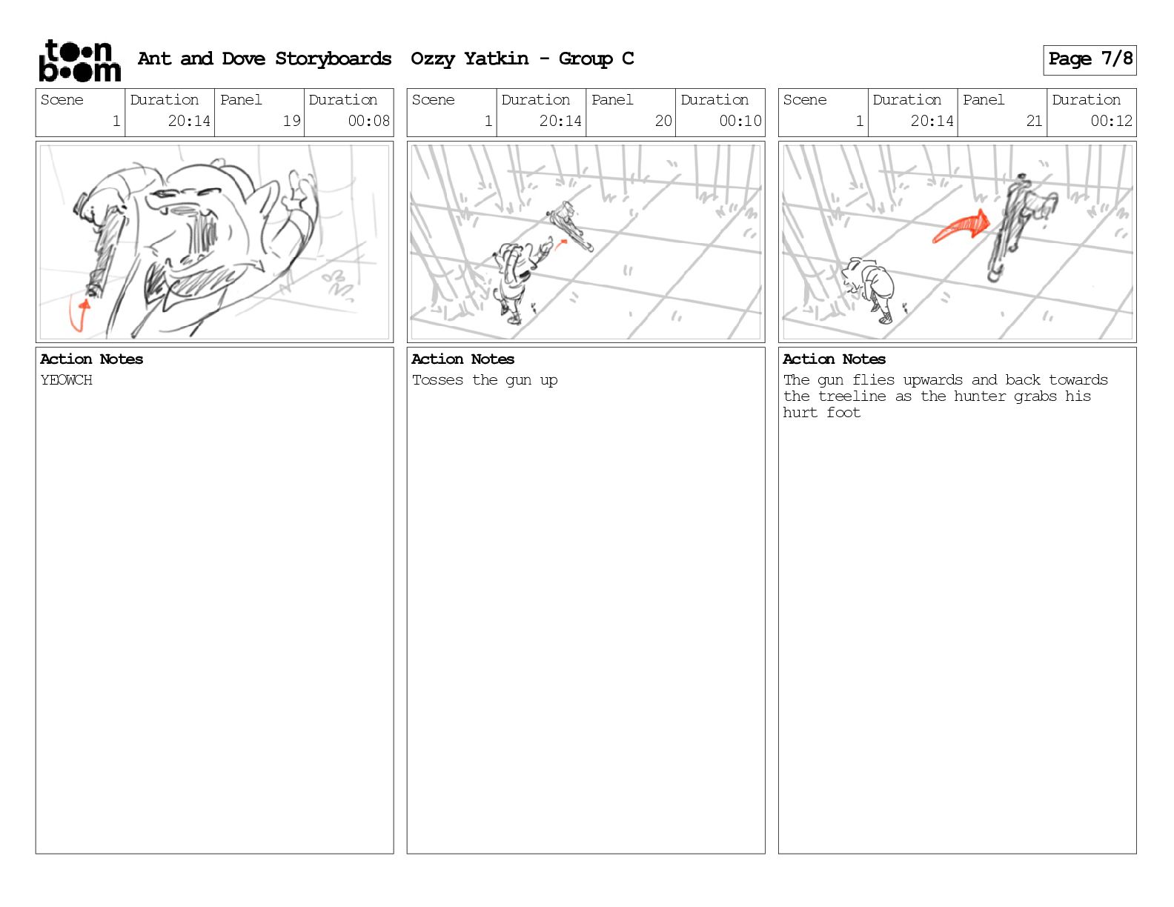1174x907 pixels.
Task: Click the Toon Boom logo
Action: (79, 61)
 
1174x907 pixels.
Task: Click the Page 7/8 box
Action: (1090, 59)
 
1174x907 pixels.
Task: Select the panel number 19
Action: (291, 121)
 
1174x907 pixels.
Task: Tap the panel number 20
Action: (663, 121)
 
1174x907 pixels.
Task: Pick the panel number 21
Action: (1034, 121)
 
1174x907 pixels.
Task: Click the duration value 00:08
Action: (368, 121)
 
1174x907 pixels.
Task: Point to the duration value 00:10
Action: (740, 121)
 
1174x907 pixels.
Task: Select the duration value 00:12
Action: (1111, 121)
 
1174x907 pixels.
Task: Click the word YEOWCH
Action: (66, 380)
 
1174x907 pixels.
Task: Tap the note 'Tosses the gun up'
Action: (485, 380)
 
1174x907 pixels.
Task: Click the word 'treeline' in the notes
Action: (852, 396)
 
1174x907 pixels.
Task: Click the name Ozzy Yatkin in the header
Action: (469, 59)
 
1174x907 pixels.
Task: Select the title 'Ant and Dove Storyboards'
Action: (265, 59)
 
